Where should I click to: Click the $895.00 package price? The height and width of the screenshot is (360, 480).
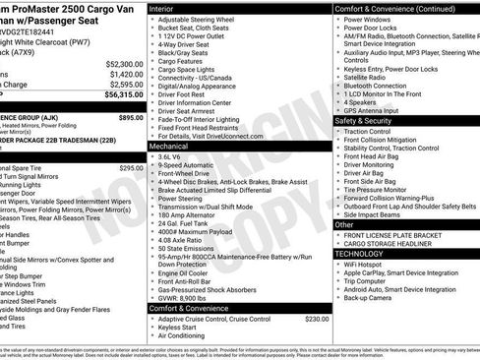point(131,116)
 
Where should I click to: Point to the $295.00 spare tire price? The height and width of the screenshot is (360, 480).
point(131,168)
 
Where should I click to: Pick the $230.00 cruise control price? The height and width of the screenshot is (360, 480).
point(317,320)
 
